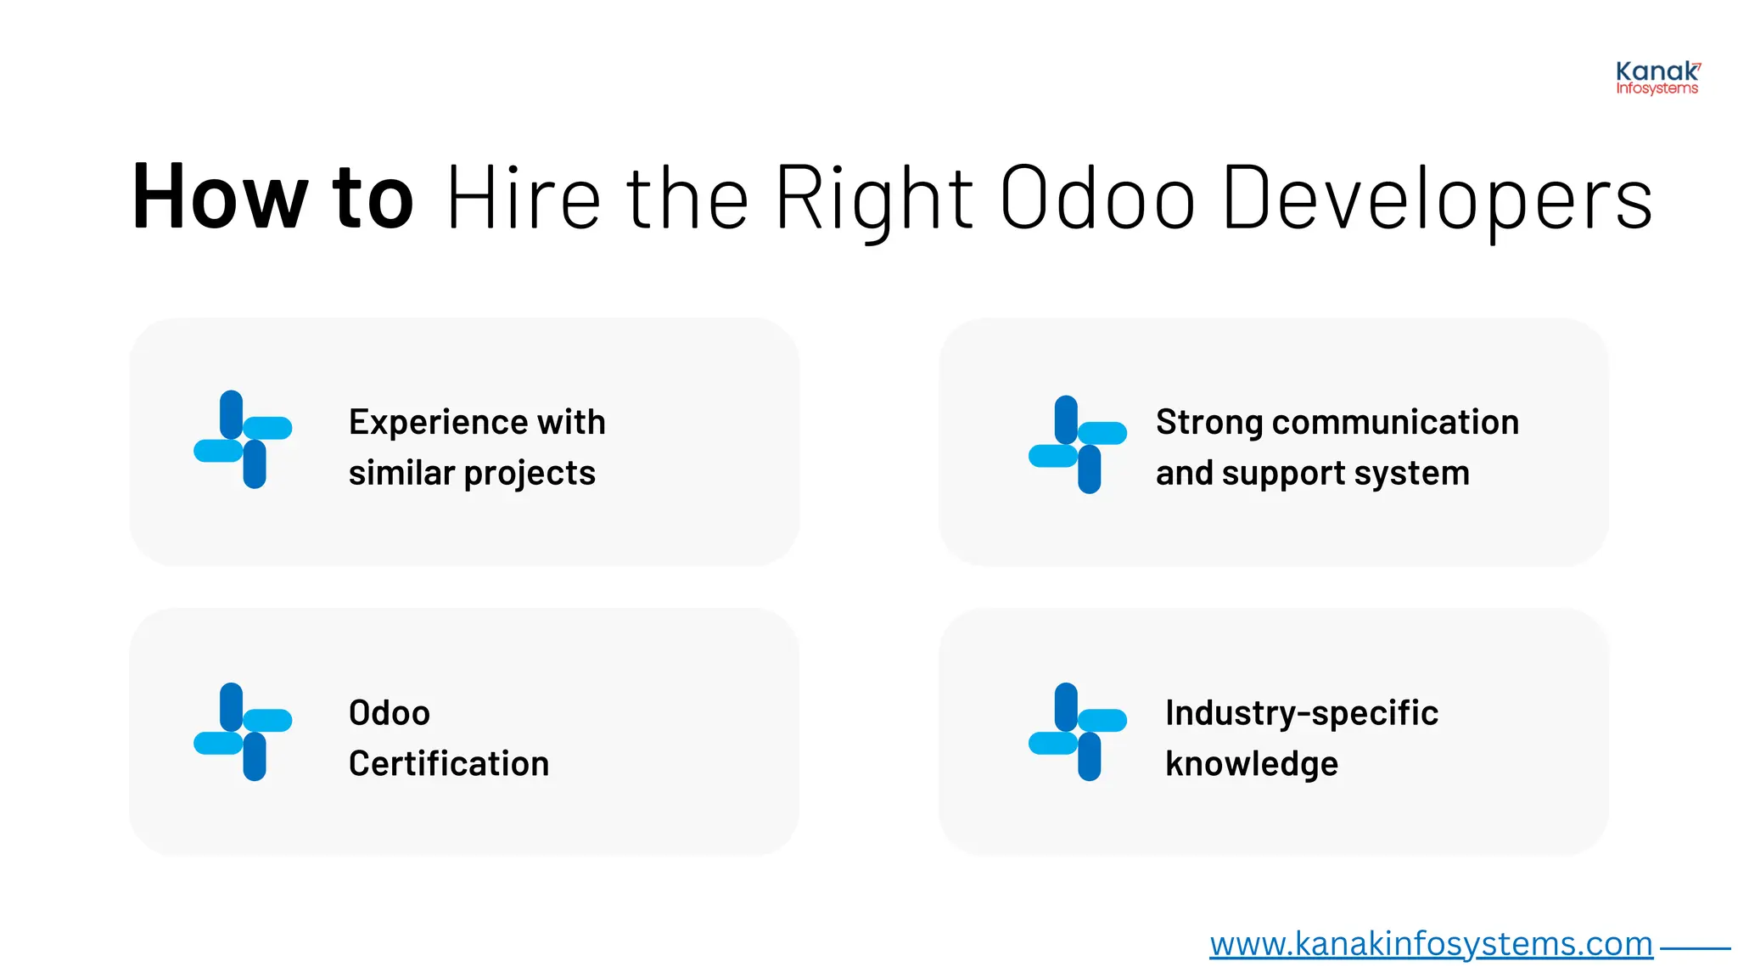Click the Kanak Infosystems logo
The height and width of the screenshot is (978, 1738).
click(x=1657, y=78)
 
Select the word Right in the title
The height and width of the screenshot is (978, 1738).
click(x=874, y=197)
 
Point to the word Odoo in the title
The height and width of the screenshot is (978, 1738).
click(x=1098, y=197)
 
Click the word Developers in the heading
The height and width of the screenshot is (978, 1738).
click(x=1438, y=197)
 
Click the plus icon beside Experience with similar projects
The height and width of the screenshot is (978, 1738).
click(x=243, y=440)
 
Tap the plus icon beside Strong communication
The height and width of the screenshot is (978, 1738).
click(x=1078, y=444)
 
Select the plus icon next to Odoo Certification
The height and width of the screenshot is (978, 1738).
click(x=243, y=732)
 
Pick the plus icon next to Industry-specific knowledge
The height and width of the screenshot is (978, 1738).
click(x=1078, y=732)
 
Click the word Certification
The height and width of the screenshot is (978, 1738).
click(x=449, y=764)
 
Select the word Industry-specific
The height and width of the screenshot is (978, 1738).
click(x=1302, y=713)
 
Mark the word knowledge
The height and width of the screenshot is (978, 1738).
click(x=1252, y=764)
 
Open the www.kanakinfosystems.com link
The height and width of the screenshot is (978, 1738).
click(x=1431, y=944)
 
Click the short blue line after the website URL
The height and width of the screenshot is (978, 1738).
click(x=1695, y=948)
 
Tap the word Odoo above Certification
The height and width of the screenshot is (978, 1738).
click(x=390, y=713)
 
